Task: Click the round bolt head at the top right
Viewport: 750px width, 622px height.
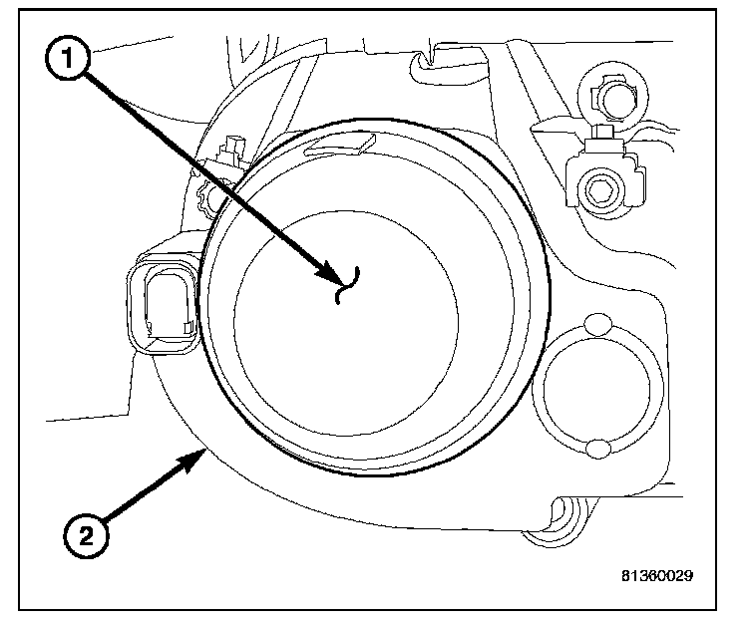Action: coord(610,97)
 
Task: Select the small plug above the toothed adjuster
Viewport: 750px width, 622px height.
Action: coord(233,150)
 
